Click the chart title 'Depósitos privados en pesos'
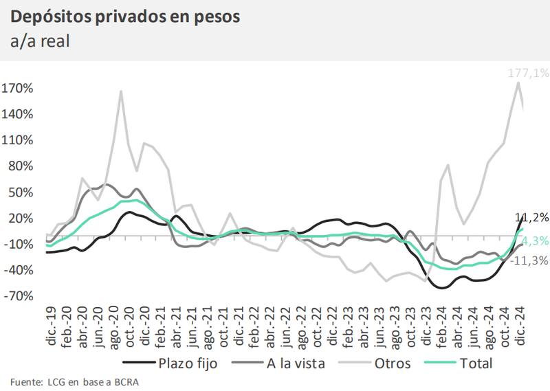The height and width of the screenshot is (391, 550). (x=126, y=16)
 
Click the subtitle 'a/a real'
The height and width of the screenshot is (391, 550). (x=41, y=41)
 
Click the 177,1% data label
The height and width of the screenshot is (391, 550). (x=528, y=73)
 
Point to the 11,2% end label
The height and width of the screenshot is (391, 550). (x=532, y=217)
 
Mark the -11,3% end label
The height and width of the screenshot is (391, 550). (x=531, y=260)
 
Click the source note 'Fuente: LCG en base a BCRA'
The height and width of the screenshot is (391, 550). (x=74, y=381)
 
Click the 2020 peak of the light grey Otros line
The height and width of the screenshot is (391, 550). (x=121, y=91)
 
